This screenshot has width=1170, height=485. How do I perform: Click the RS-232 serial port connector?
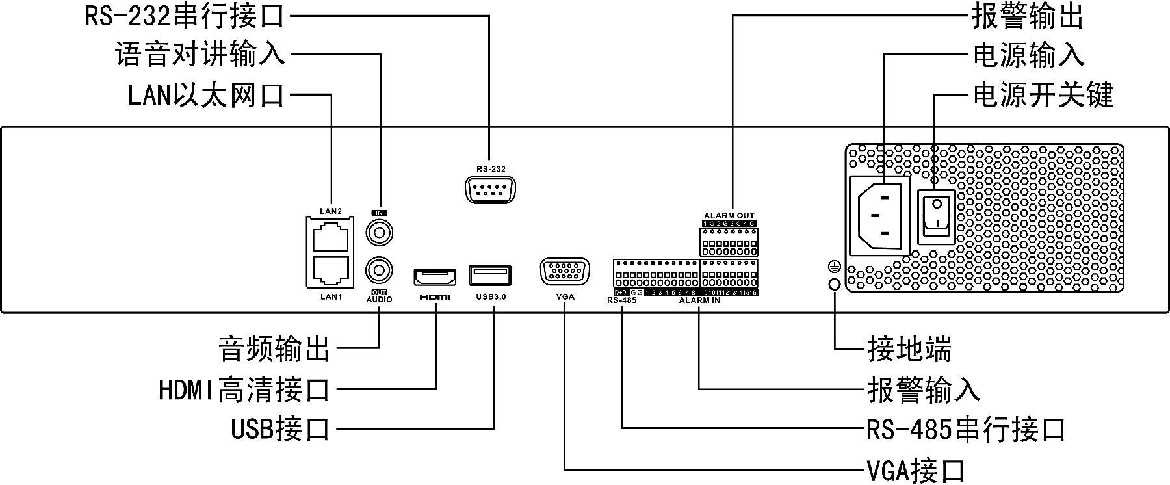point(490,191)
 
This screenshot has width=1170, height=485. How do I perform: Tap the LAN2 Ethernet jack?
point(331,238)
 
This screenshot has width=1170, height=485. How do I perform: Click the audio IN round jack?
point(380,232)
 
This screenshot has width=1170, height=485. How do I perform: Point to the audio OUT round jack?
point(380,269)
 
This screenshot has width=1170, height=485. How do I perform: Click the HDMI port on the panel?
point(435,276)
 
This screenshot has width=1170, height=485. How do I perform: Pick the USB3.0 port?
point(490,275)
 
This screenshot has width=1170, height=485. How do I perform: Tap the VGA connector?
point(565,271)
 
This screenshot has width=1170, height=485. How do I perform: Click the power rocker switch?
point(936,216)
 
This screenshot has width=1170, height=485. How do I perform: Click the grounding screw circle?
point(834,284)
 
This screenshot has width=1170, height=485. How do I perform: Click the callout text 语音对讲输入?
point(200,55)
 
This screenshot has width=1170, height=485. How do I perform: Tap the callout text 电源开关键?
point(1043,96)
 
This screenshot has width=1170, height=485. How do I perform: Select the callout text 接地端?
point(909,350)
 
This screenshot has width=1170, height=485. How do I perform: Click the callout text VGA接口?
point(915,469)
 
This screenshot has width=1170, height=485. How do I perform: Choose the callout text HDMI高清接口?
point(244,390)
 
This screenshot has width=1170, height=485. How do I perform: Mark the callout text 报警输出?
point(1027,17)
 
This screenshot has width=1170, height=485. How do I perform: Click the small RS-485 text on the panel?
point(621,301)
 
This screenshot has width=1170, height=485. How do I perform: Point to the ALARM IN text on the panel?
point(699,301)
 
